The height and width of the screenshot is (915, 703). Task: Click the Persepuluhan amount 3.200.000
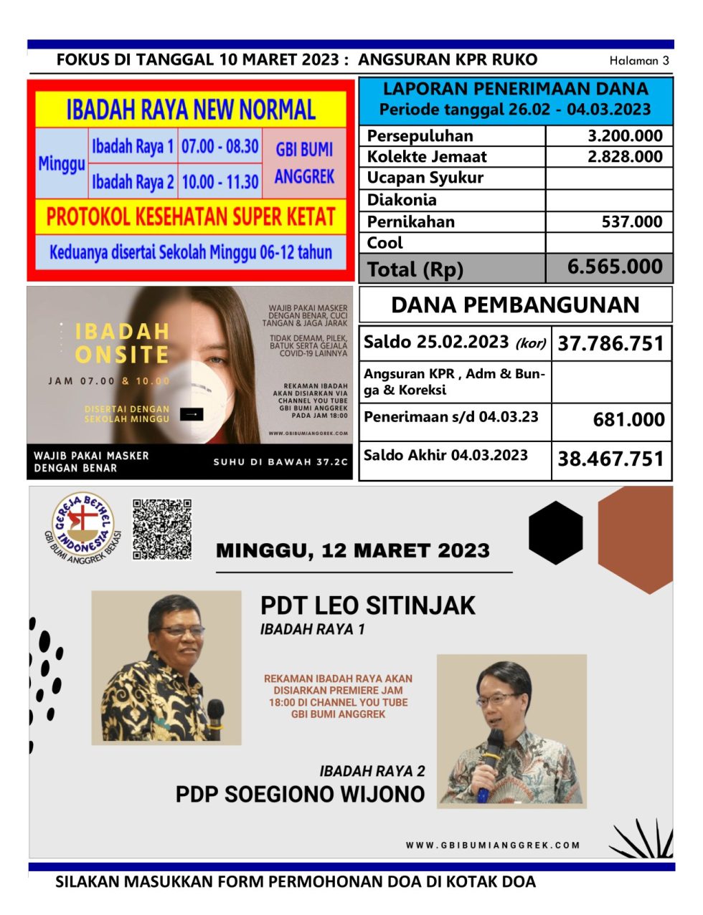click(x=625, y=136)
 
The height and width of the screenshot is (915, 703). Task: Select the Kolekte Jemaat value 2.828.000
click(x=625, y=157)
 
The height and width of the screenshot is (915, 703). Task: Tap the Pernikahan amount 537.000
click(x=632, y=222)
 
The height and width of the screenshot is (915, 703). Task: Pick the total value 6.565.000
click(x=615, y=267)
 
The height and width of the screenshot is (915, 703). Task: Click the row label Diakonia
click(x=402, y=200)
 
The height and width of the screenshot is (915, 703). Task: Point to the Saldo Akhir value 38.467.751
click(x=611, y=459)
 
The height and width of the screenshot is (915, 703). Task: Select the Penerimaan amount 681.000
click(x=628, y=420)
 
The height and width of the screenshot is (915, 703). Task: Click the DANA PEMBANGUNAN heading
click(x=515, y=305)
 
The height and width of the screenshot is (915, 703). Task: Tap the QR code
click(x=162, y=529)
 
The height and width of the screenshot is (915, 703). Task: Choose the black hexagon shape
click(x=555, y=532)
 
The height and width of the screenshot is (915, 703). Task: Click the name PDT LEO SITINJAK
click(x=367, y=605)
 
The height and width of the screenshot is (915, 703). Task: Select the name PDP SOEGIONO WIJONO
click(x=300, y=795)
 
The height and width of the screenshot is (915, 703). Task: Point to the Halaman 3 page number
click(x=639, y=61)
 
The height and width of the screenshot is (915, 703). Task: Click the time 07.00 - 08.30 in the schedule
click(x=220, y=147)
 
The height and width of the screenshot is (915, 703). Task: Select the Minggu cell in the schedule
click(x=61, y=164)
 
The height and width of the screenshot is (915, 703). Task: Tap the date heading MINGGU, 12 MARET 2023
click(x=353, y=551)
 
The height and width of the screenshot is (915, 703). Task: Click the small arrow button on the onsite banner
click(x=192, y=414)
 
